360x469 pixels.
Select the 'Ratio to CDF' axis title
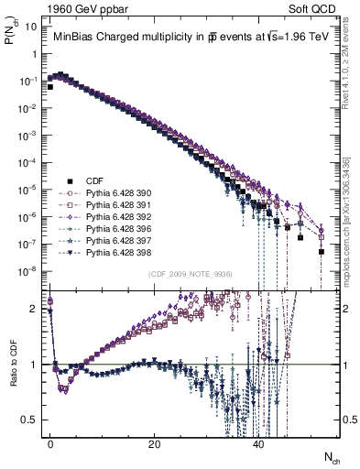[15, 364]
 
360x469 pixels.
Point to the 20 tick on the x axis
[155, 444]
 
